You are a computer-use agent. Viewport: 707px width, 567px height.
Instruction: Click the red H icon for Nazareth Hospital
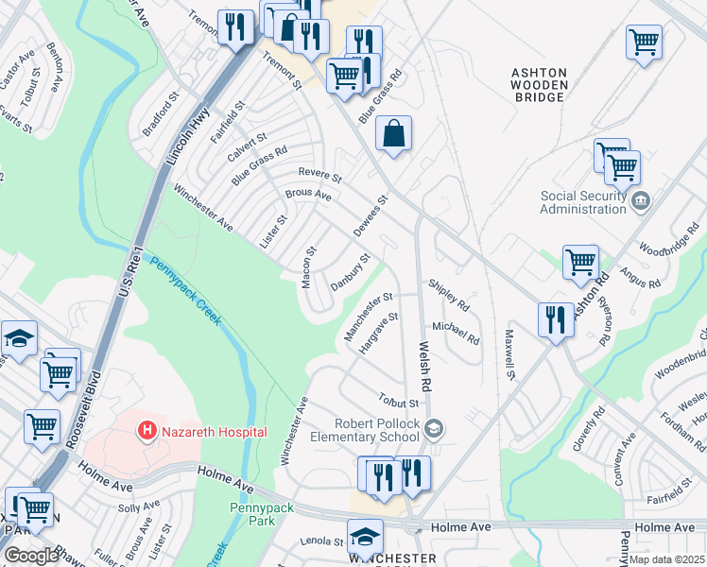coord(147,432)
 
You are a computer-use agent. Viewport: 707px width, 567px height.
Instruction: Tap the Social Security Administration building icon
coord(641,199)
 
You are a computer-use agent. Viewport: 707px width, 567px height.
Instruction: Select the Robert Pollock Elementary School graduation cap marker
coord(434,431)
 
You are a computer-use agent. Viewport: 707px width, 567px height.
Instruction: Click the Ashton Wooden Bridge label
coord(539,85)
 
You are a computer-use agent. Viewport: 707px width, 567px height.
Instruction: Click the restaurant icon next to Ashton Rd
coord(555,319)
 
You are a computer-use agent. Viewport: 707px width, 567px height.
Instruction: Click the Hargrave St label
coord(380,334)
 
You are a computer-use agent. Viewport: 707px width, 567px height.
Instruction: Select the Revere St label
coord(319,174)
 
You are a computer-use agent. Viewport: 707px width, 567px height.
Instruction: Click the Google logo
coord(31,556)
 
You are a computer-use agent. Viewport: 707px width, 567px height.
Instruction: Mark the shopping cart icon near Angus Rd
coord(580,262)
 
